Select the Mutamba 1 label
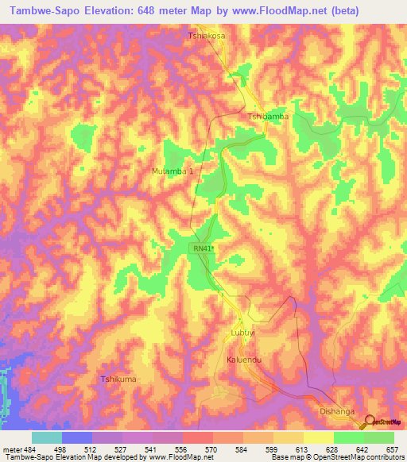172,171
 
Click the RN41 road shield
203,249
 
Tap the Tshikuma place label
118,379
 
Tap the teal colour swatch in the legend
47,437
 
